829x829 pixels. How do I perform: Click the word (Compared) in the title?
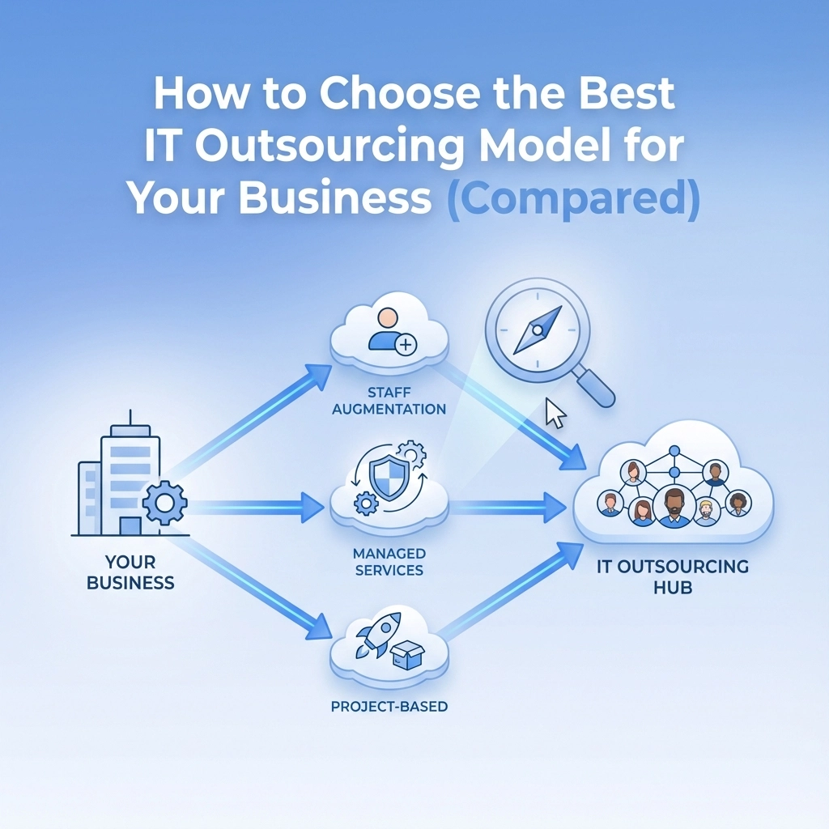pyautogui.click(x=573, y=198)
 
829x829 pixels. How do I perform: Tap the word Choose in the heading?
pyautogui.click(x=400, y=92)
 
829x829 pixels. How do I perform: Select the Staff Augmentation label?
pyautogui.click(x=389, y=401)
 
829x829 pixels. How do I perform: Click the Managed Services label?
pyautogui.click(x=389, y=562)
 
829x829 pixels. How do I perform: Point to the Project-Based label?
pyautogui.click(x=389, y=706)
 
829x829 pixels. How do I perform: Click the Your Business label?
pyautogui.click(x=130, y=572)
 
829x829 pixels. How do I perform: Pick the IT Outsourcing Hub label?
pyautogui.click(x=673, y=576)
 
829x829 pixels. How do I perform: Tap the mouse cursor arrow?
pyautogui.click(x=555, y=413)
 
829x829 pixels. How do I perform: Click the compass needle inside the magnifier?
pyautogui.click(x=538, y=330)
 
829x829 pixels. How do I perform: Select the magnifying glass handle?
pyautogui.click(x=595, y=388)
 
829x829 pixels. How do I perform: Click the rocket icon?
pyautogui.click(x=377, y=636)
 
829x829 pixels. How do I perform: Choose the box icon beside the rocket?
pyautogui.click(x=408, y=656)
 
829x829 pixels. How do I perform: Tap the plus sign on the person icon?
pyautogui.click(x=406, y=345)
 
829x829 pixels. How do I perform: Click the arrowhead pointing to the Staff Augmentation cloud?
pyautogui.click(x=317, y=376)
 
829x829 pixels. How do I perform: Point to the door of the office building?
pyautogui.click(x=130, y=526)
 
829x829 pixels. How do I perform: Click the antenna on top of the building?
pyautogui.click(x=130, y=418)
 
